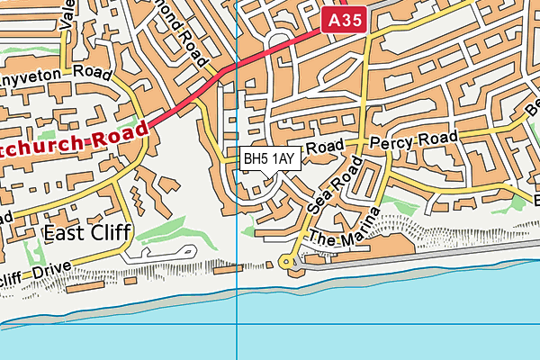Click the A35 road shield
[345, 19]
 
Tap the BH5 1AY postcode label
[270, 158]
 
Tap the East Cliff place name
[86, 233]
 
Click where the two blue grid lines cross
[237, 325]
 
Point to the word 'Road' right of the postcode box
[325, 147]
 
